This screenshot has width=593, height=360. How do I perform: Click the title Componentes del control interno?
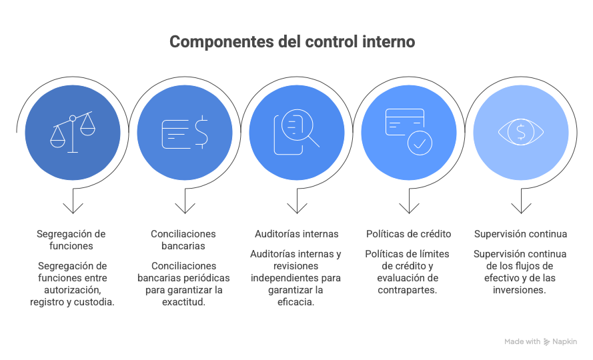coord(292,41)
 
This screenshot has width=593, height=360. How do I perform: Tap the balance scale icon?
coord(73,133)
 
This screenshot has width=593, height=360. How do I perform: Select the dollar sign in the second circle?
coord(201,131)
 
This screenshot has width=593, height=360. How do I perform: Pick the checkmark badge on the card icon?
coord(420,143)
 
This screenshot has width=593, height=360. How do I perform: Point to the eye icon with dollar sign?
coord(521,132)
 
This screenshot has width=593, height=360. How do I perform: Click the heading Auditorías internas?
coord(296,234)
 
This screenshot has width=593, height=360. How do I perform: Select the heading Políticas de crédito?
coord(408,234)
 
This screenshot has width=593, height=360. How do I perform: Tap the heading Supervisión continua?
coord(521,234)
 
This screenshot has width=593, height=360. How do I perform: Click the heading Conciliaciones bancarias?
coord(183,240)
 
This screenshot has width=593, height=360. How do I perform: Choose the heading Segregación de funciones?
coord(71,240)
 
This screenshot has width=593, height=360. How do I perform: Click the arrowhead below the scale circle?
coord(73,209)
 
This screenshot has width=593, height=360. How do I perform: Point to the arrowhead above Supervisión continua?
coord(521,209)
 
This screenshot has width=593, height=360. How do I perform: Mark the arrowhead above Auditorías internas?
coord(297,209)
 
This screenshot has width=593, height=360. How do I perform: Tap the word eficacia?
coord(295,302)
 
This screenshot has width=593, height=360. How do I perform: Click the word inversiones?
coord(518,290)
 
